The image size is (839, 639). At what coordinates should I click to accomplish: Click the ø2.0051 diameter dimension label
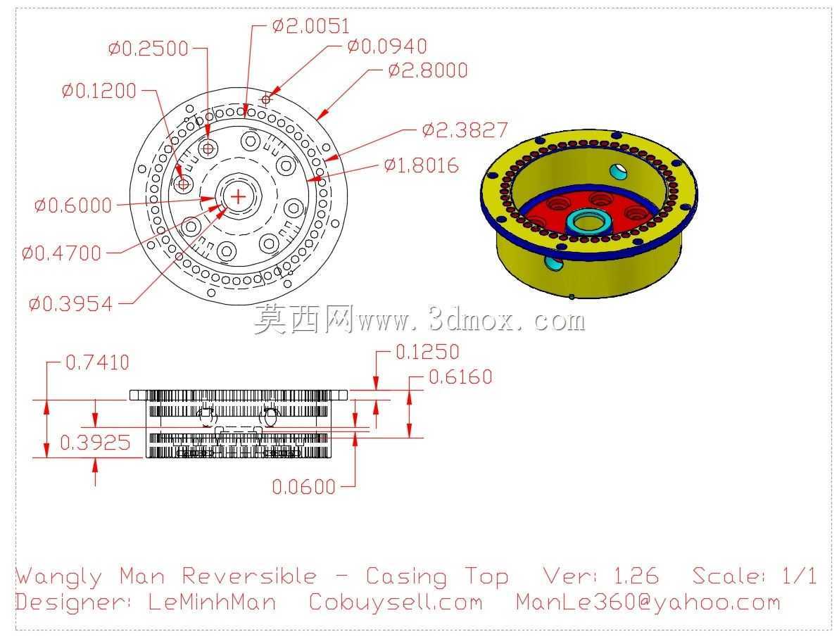pos(311,26)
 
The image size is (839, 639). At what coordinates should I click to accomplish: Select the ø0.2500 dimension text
pos(149,49)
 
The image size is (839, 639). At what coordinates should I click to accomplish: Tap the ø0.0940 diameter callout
pos(387,46)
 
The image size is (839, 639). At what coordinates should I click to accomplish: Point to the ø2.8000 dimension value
pos(428,70)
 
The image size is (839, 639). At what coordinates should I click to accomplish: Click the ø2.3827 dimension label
pos(465,129)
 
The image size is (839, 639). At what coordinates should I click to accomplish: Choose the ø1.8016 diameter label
pos(422,165)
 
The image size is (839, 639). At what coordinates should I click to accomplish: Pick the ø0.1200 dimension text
pos(99,91)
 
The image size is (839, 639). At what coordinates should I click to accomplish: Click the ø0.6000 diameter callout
pos(72,205)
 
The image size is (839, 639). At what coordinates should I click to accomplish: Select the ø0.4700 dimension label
pos(61,253)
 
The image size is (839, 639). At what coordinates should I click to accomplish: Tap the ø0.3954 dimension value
pos(70,304)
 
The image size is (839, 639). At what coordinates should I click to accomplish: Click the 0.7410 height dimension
pos(97,362)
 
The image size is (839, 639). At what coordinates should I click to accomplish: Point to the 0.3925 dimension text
pos(95,443)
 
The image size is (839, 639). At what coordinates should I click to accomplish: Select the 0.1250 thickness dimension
pos(427,352)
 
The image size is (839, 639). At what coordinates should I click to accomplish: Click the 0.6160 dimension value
pos(461,377)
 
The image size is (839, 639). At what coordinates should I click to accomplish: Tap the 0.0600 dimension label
pos(304,486)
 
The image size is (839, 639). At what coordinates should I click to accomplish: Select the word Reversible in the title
pos(249,576)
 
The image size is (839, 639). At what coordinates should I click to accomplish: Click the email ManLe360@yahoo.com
pos(648,602)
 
